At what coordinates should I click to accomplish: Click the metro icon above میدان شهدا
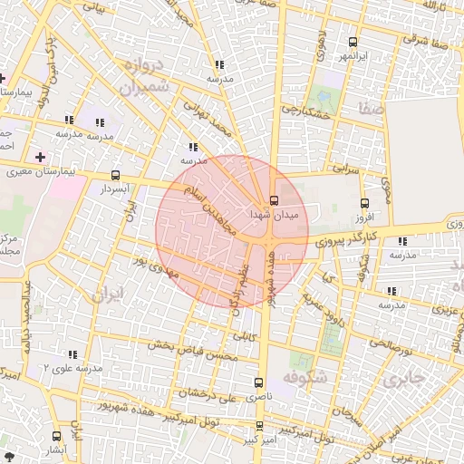[x=275, y=200]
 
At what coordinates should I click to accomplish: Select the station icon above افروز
[x=365, y=204]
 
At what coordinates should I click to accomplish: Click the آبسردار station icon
[x=115, y=175]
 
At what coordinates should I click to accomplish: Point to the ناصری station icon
[x=260, y=382]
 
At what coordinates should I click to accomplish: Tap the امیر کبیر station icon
[x=260, y=425]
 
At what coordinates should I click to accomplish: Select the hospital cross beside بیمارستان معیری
[x=40, y=157]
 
